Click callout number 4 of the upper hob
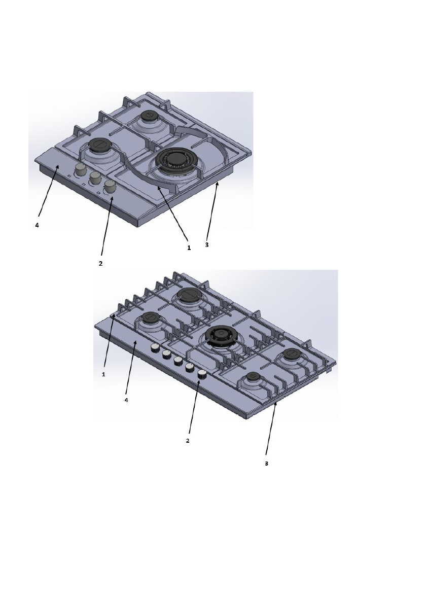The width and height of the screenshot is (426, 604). [37, 225]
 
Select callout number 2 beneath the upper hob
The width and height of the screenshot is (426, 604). [100, 264]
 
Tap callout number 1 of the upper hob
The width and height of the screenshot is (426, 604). [189, 247]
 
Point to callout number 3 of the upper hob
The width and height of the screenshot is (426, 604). [207, 244]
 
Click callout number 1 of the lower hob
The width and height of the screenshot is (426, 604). [103, 374]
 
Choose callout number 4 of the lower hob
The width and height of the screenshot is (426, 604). [126, 400]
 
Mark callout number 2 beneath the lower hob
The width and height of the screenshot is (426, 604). [188, 440]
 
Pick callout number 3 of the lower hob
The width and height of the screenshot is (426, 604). [266, 463]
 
